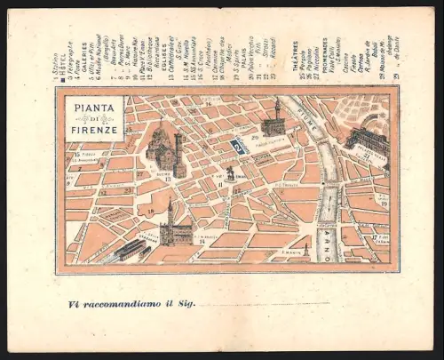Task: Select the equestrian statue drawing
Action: click(231, 172)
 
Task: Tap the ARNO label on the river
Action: click(327, 234)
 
